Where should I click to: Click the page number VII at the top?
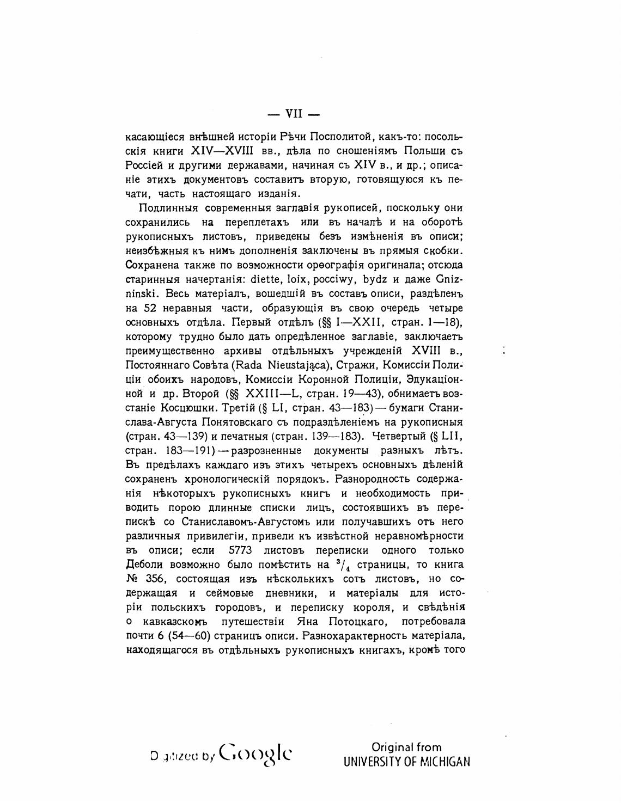point(294,114)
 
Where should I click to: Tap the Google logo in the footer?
point(255,754)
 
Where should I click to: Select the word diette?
point(264,279)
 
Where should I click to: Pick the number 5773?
point(240,550)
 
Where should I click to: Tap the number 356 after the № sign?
point(157,579)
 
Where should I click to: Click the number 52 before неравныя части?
point(143,308)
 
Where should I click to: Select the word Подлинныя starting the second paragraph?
point(169,208)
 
